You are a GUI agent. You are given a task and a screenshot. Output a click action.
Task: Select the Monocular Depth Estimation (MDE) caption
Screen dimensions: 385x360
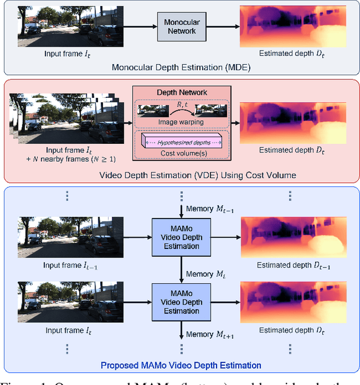179,68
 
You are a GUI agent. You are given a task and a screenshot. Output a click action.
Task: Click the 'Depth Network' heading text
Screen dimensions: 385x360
181,92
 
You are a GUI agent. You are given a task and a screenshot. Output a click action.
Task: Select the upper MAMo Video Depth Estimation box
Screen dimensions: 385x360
182,236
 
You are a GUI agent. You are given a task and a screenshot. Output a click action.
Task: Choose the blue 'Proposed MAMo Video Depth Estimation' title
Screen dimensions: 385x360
180,365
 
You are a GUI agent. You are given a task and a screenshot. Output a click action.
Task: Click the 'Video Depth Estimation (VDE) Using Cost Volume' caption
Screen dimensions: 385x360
179,175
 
